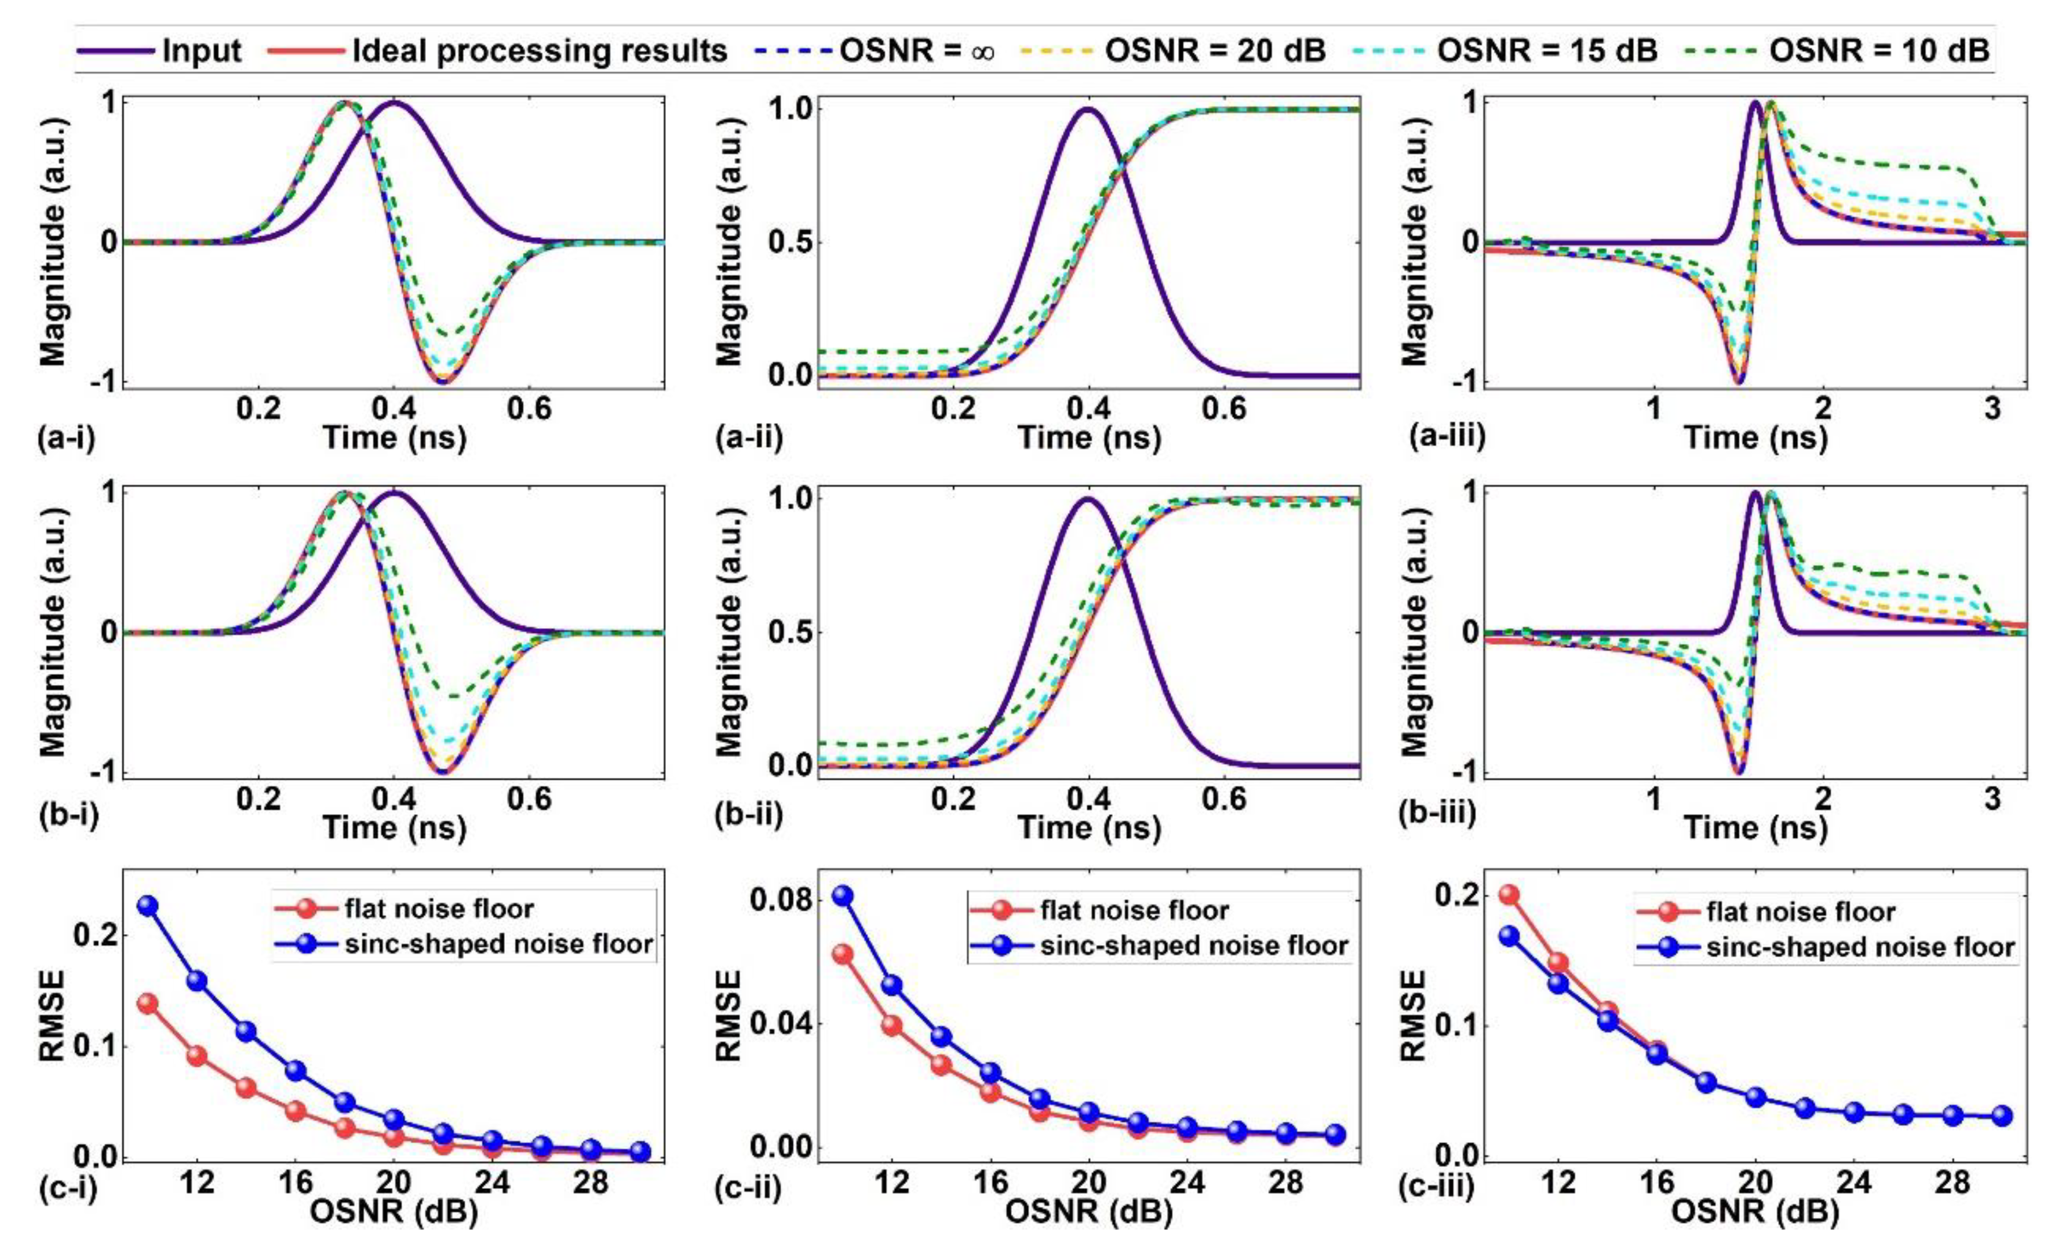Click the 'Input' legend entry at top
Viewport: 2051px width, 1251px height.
coord(202,51)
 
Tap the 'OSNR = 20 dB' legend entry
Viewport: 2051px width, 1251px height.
coord(1215,51)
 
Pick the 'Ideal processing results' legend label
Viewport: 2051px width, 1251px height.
coord(540,51)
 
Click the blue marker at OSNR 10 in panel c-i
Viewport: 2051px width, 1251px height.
coord(147,906)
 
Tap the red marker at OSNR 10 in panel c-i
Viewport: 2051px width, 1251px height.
coord(147,1003)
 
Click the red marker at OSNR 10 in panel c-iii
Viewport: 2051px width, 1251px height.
coord(1509,895)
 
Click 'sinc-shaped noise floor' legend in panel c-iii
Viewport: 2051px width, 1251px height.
coord(1860,947)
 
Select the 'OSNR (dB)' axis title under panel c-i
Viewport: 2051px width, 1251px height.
coord(394,1213)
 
